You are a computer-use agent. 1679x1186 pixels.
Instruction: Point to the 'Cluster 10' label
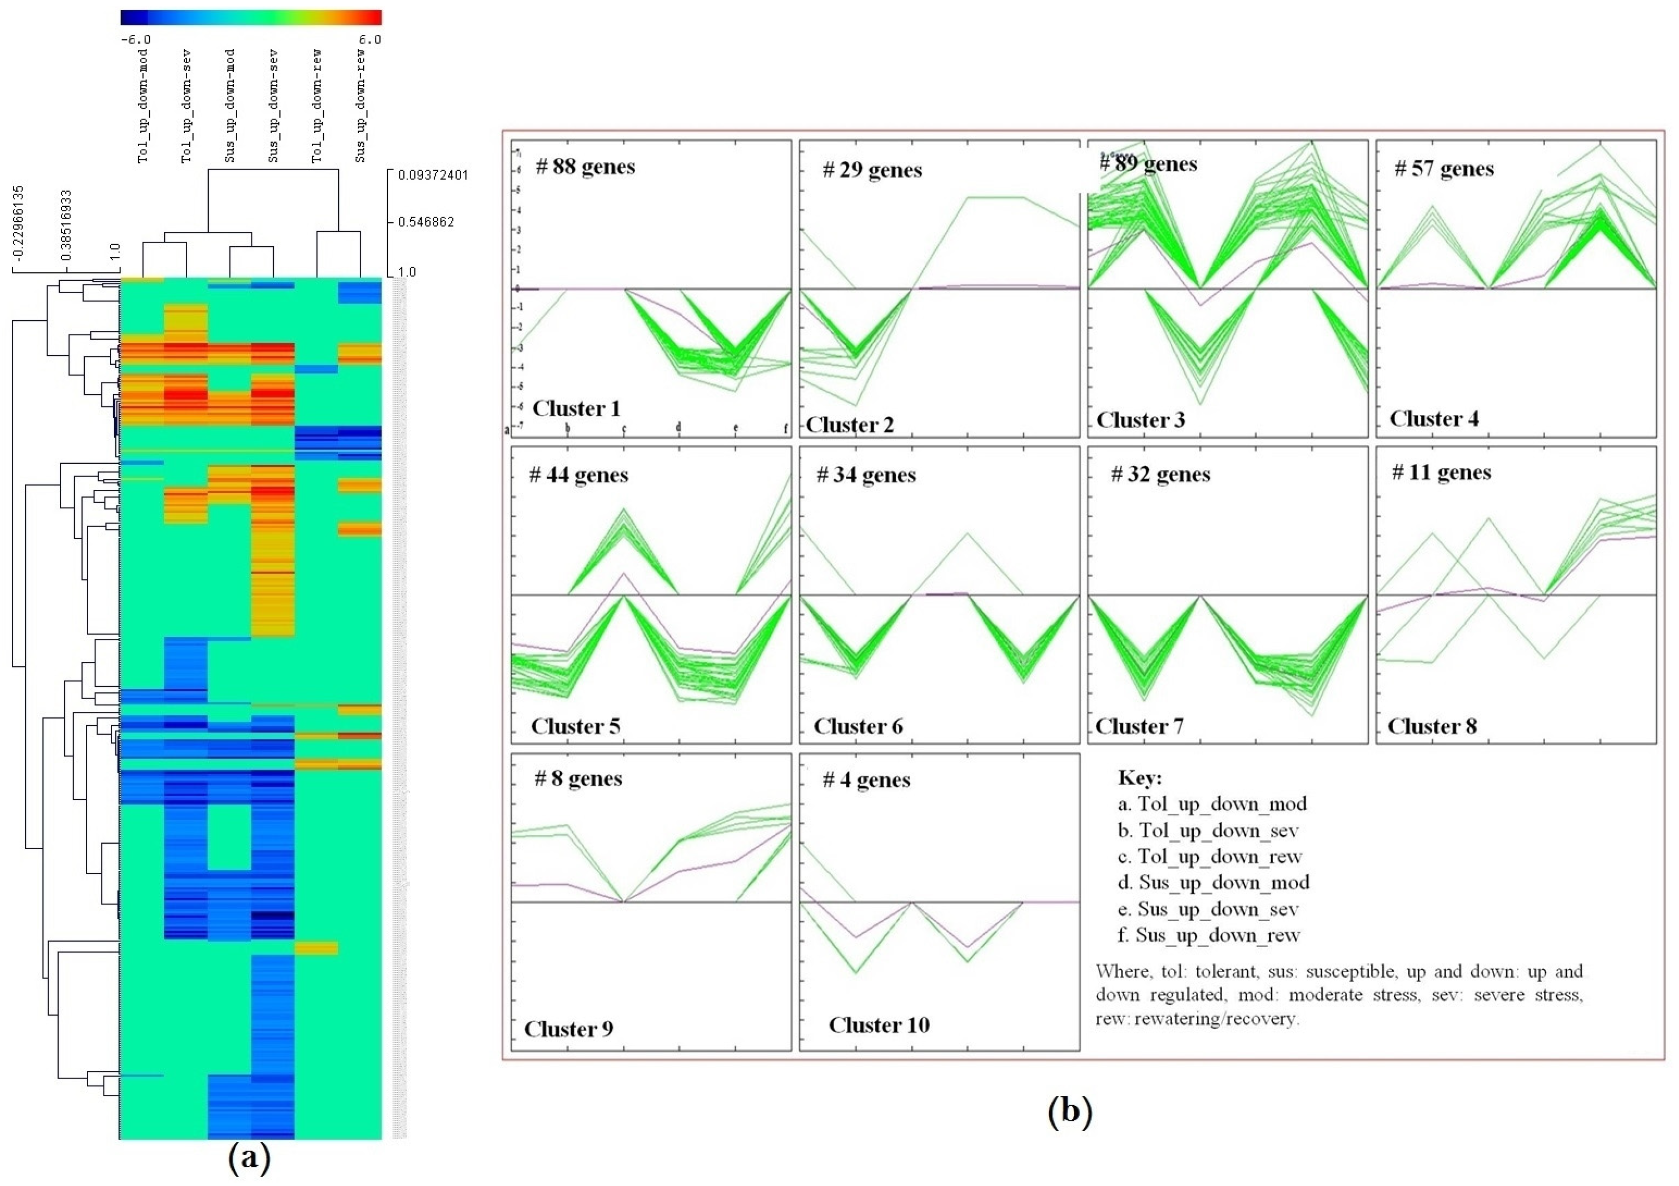click(x=879, y=1025)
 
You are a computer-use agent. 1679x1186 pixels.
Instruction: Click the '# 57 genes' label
click(x=1444, y=169)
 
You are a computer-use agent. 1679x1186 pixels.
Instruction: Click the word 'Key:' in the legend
click(x=1139, y=778)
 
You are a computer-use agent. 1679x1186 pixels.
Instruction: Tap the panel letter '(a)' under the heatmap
click(x=249, y=1159)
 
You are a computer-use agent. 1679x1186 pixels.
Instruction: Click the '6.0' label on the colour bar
click(x=370, y=40)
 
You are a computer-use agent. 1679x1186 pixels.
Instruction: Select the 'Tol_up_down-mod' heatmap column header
click(x=143, y=106)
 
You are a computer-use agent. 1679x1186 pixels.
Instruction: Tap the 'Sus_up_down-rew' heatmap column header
click(x=361, y=106)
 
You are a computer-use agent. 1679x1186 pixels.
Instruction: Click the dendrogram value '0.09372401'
click(x=432, y=175)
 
